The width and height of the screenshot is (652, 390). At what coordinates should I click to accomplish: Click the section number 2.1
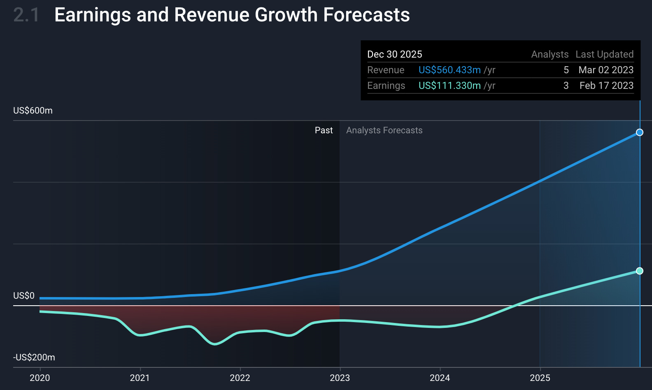tap(26, 15)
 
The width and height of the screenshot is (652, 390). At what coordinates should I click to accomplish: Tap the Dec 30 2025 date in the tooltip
tap(394, 54)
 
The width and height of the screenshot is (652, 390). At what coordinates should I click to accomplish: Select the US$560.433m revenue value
tap(449, 70)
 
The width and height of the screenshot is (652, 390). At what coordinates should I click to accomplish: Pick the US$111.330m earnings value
tap(449, 86)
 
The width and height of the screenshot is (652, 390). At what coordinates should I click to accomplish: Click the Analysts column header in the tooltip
tap(550, 54)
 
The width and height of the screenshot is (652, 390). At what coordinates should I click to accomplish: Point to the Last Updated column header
tap(604, 54)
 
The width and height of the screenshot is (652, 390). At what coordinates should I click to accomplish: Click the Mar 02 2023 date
tap(605, 70)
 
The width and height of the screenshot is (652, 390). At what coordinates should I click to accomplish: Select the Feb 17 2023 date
tap(606, 86)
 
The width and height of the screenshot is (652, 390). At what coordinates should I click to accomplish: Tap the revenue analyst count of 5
tap(566, 70)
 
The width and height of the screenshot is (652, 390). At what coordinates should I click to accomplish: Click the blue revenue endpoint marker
tap(639, 132)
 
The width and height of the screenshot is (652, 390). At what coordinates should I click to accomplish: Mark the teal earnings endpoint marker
tap(639, 271)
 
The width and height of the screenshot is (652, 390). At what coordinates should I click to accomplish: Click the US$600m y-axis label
tap(33, 110)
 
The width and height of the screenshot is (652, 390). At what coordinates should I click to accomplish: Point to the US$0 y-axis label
tap(24, 295)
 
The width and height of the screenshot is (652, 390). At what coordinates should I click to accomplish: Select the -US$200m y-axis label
tap(34, 357)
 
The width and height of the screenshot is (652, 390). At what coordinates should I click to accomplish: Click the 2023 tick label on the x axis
tap(340, 378)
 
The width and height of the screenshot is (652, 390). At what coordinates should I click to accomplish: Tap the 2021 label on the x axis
tap(140, 378)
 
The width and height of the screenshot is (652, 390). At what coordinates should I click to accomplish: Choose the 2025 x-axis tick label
tap(540, 378)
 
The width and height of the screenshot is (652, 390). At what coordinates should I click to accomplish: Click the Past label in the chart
tap(324, 130)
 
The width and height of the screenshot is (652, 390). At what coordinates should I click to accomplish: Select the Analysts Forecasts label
tap(384, 130)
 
